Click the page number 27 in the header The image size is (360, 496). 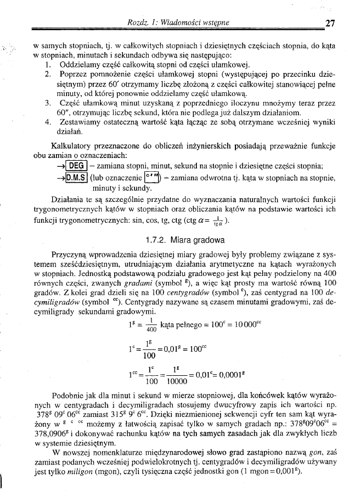330,23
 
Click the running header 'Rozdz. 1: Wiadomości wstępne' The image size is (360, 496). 178,22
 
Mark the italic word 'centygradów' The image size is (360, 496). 165,292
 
